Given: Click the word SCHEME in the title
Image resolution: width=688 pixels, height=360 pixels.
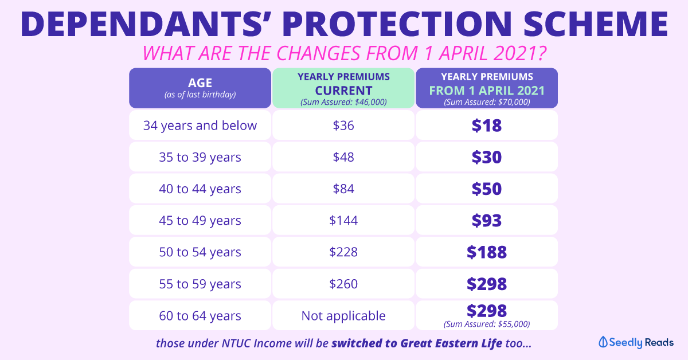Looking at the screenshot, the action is click(596, 24).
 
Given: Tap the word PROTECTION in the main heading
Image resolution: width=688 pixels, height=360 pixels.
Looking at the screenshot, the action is click(397, 24).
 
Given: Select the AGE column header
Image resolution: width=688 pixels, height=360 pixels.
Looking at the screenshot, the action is click(200, 88).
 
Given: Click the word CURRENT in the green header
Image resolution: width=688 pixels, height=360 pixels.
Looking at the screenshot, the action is click(343, 91).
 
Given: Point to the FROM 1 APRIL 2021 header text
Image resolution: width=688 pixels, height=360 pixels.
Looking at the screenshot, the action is click(487, 91).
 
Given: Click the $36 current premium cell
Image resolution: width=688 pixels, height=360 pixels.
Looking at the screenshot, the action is click(343, 126).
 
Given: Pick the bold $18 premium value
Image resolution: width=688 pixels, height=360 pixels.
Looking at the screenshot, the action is click(487, 126).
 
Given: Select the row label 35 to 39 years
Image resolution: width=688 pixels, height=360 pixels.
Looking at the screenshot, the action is click(200, 157).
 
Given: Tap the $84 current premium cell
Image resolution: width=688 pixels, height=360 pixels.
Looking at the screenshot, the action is click(343, 189).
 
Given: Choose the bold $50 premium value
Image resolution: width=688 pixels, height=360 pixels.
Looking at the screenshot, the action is click(487, 189).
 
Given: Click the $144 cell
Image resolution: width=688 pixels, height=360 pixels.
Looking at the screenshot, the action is click(343, 220).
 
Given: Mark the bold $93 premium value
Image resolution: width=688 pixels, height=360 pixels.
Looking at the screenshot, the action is click(487, 220).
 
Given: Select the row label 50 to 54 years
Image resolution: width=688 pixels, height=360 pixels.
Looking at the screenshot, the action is click(200, 252).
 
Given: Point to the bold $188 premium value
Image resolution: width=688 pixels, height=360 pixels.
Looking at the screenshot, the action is click(487, 252).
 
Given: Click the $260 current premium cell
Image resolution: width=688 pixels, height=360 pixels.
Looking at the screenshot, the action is click(343, 284).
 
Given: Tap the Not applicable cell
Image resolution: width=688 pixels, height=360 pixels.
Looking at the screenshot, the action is click(343, 315).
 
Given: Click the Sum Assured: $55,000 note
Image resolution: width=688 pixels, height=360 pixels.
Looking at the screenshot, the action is click(487, 324).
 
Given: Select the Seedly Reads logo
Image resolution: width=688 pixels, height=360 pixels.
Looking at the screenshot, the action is click(636, 342).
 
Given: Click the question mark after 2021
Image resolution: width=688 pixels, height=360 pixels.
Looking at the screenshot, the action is click(541, 53).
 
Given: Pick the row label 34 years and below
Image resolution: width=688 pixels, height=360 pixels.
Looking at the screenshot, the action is click(200, 126).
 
